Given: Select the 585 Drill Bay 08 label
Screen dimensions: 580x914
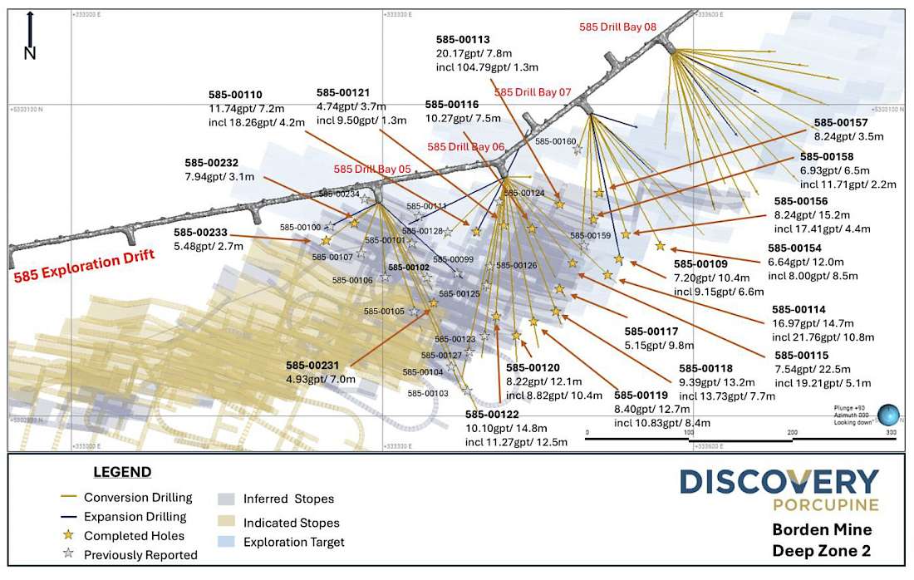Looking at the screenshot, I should coord(617,27).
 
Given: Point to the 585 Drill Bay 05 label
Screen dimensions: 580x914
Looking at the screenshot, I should coord(373,169).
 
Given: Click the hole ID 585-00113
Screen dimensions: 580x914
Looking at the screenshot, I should coord(462,39).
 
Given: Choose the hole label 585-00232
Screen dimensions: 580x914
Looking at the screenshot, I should coord(212,163).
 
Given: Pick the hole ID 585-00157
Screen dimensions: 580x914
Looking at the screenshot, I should coord(841,121).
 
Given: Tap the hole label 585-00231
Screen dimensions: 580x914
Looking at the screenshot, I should coord(312,365).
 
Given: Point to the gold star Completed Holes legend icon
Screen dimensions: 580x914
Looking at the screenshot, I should coord(70,536).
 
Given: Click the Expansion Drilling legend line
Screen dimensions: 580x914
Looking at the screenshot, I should coord(70,517).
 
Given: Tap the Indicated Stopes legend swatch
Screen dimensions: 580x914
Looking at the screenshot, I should coord(225,523).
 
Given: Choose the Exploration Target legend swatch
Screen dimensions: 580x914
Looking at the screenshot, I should coord(225,543).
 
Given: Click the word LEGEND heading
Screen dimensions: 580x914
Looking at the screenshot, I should coord(121,472).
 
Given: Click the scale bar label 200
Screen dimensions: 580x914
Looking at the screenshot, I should coord(792,433).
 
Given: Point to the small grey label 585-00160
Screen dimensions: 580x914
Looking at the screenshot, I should coord(555,141).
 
